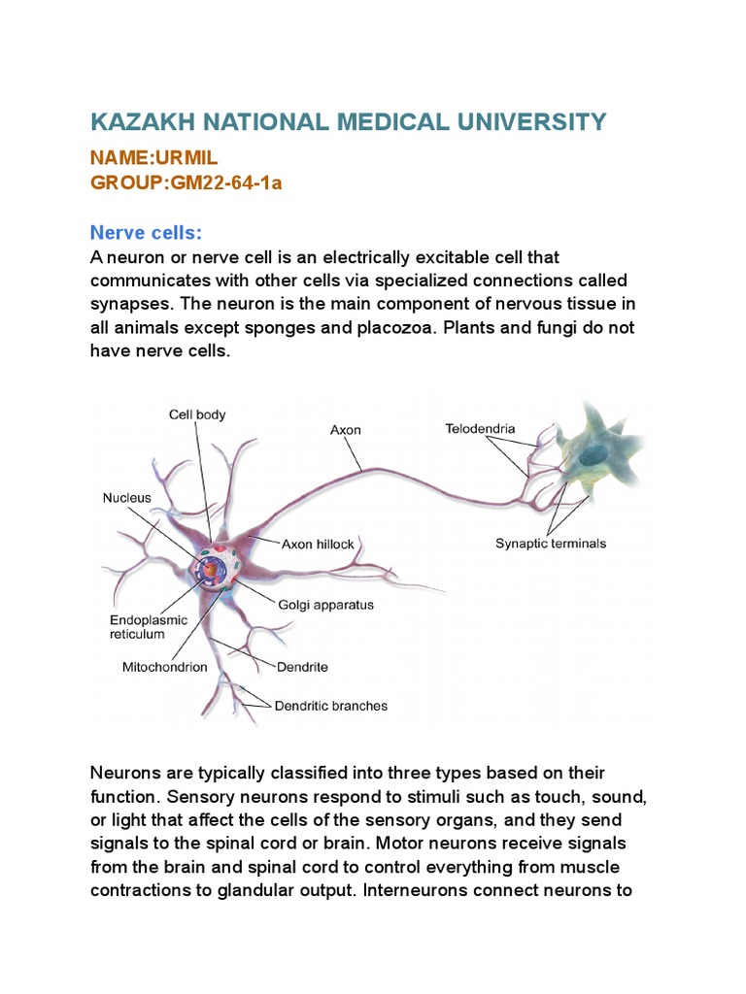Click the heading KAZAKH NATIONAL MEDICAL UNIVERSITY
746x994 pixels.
pyautogui.click(x=348, y=122)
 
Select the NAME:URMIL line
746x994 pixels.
pyautogui.click(x=149, y=158)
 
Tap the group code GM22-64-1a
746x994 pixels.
pyautogui.click(x=229, y=182)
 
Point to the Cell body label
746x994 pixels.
pyautogui.click(x=197, y=414)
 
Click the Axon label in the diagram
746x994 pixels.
pyautogui.click(x=345, y=430)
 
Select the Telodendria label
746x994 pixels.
pyautogui.click(x=480, y=428)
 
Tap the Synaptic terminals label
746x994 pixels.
pyautogui.click(x=550, y=543)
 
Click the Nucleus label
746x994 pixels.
pyautogui.click(x=127, y=498)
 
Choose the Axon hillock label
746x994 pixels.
pyautogui.click(x=319, y=545)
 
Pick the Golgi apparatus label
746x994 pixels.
pyautogui.click(x=327, y=604)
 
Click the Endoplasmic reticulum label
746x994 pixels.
pyautogui.click(x=137, y=626)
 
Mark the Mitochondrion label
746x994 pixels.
pyautogui.click(x=165, y=667)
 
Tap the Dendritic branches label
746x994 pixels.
pyautogui.click(x=329, y=706)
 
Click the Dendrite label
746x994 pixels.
pyautogui.click(x=302, y=667)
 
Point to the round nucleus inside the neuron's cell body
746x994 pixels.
pyautogui.click(x=210, y=566)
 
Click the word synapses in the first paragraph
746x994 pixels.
pyautogui.click(x=126, y=304)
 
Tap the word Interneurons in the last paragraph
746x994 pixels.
pyautogui.click(x=414, y=889)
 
